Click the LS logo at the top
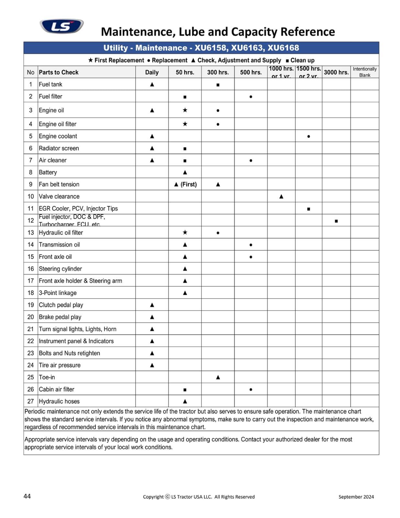coord(61,26)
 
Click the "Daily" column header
coord(152,72)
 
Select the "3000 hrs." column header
coord(336,72)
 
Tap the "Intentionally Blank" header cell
coord(364,72)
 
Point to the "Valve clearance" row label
coord(59,197)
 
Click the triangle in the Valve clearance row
coord(281,197)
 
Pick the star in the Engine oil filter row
coord(185,124)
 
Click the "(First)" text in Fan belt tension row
coord(189,185)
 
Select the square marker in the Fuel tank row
coord(218,85)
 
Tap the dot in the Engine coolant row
coord(308,137)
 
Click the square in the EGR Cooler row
coord(308,209)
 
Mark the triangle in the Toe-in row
coord(218,377)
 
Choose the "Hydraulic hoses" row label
coord(59,401)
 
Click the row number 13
coord(30,233)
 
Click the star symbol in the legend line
coord(91,60)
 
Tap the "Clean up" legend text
coord(302,60)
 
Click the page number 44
coord(27,496)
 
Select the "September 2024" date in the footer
coord(356,497)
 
